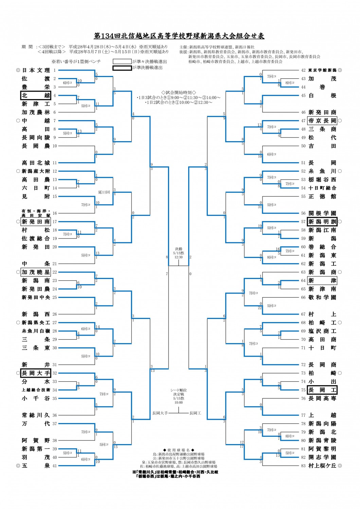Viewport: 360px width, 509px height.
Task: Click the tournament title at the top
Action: pos(179,36)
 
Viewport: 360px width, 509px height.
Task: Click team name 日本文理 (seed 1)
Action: pos(36,70)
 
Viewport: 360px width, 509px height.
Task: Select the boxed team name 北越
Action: pos(36,96)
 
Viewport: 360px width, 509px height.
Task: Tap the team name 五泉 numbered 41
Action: pos(36,466)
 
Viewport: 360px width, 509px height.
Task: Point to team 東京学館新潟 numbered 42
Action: pos(322,70)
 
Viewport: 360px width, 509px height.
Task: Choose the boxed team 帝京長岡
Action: pos(322,121)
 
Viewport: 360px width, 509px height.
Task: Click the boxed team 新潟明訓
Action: pos(322,222)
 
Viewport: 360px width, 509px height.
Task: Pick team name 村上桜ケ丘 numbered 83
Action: pos(322,466)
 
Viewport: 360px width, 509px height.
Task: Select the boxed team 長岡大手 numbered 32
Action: pos(36,373)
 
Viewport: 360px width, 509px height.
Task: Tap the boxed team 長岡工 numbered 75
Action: pos(322,390)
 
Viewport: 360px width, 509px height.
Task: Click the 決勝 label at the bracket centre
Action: pos(179,249)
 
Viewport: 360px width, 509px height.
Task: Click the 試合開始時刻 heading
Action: pos(179,92)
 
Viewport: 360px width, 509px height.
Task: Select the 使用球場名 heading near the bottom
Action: pos(179,450)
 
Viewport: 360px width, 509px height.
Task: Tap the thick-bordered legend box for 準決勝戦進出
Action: pos(122,68)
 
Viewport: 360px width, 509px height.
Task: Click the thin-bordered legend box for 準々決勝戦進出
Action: pos(122,61)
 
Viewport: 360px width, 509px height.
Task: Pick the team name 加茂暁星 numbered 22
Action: pos(36,272)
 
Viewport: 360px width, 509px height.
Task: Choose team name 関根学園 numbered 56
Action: pos(322,213)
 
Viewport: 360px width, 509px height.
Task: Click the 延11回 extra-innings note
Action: pos(104,192)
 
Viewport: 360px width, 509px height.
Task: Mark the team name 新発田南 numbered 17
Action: pos(36,222)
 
